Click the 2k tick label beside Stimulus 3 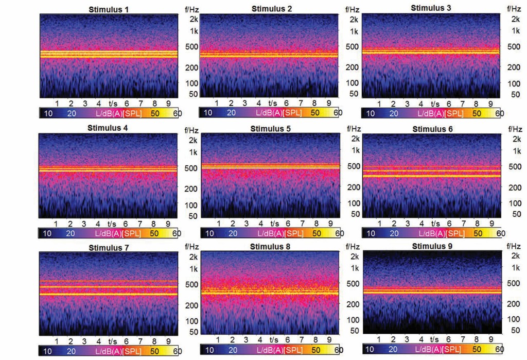(516, 19)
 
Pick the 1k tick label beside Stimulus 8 (354, 268)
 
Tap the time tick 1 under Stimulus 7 (56, 341)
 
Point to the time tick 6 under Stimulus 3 (449, 104)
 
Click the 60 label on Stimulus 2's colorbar (338, 113)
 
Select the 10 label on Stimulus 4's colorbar (47, 233)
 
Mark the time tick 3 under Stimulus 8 (245, 340)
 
